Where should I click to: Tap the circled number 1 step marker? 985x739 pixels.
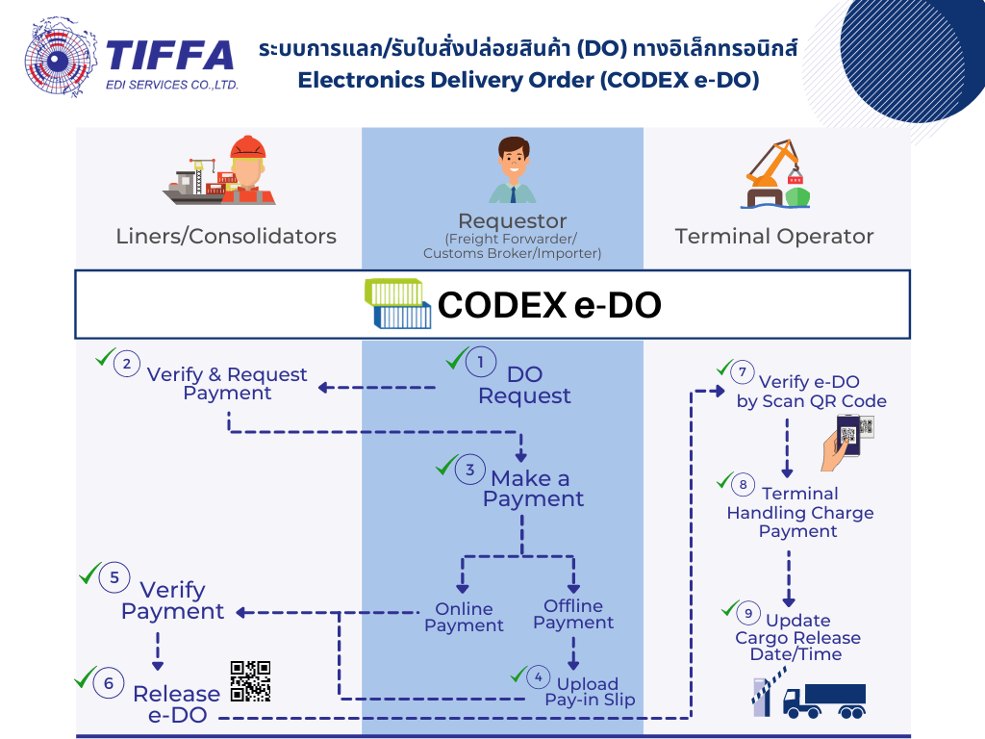(481, 363)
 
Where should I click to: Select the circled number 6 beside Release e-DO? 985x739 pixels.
(109, 683)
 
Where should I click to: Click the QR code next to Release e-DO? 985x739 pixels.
(250, 681)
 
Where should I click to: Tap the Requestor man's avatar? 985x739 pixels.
(512, 170)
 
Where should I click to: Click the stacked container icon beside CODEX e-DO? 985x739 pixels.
(397, 304)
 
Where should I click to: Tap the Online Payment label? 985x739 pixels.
(464, 617)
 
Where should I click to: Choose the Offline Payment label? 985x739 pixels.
(573, 614)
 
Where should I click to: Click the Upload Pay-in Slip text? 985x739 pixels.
(590, 692)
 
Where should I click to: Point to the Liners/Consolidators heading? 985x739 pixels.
(226, 236)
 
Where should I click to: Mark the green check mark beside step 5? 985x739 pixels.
(89, 574)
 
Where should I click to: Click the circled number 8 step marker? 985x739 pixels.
(743, 485)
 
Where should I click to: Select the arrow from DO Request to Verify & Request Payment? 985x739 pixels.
(376, 388)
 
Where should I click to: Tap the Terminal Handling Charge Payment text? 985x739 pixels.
(799, 513)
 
